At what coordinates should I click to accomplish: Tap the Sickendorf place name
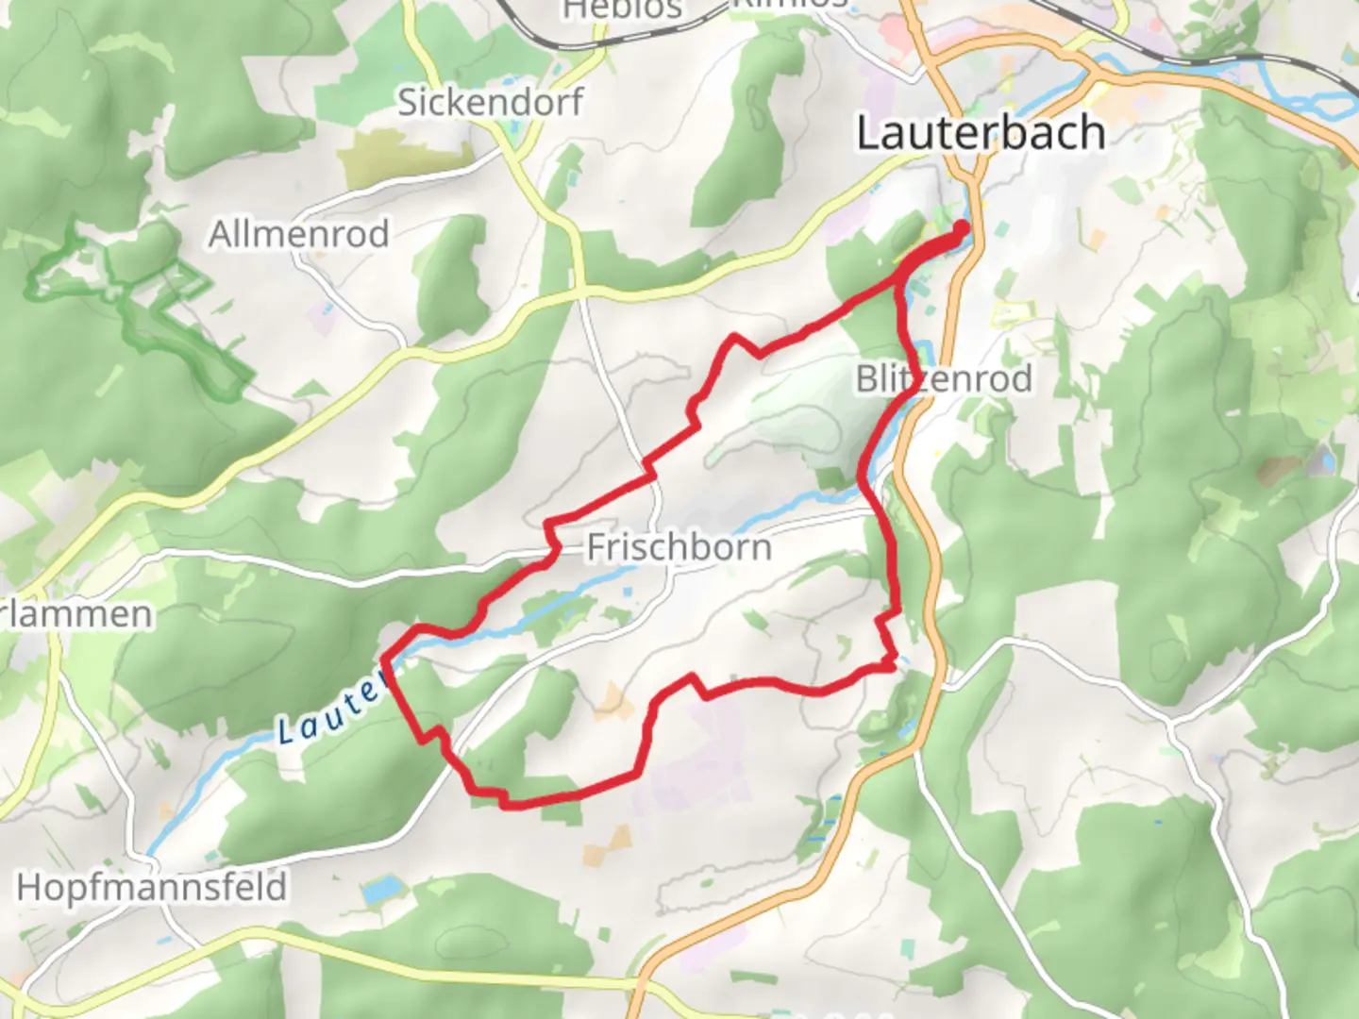point(490,102)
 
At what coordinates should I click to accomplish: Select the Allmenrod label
point(298,234)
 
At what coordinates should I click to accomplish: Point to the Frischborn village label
point(679,547)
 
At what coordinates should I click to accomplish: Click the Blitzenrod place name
point(944,379)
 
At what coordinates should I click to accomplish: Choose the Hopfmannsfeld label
point(152,888)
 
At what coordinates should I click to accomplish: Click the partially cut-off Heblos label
point(622,9)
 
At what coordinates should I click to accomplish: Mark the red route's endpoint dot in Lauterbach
point(962,227)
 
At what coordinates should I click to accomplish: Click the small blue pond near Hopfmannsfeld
point(380,889)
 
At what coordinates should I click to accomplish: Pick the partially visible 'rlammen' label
point(75,615)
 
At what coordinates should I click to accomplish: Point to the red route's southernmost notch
point(507,804)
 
